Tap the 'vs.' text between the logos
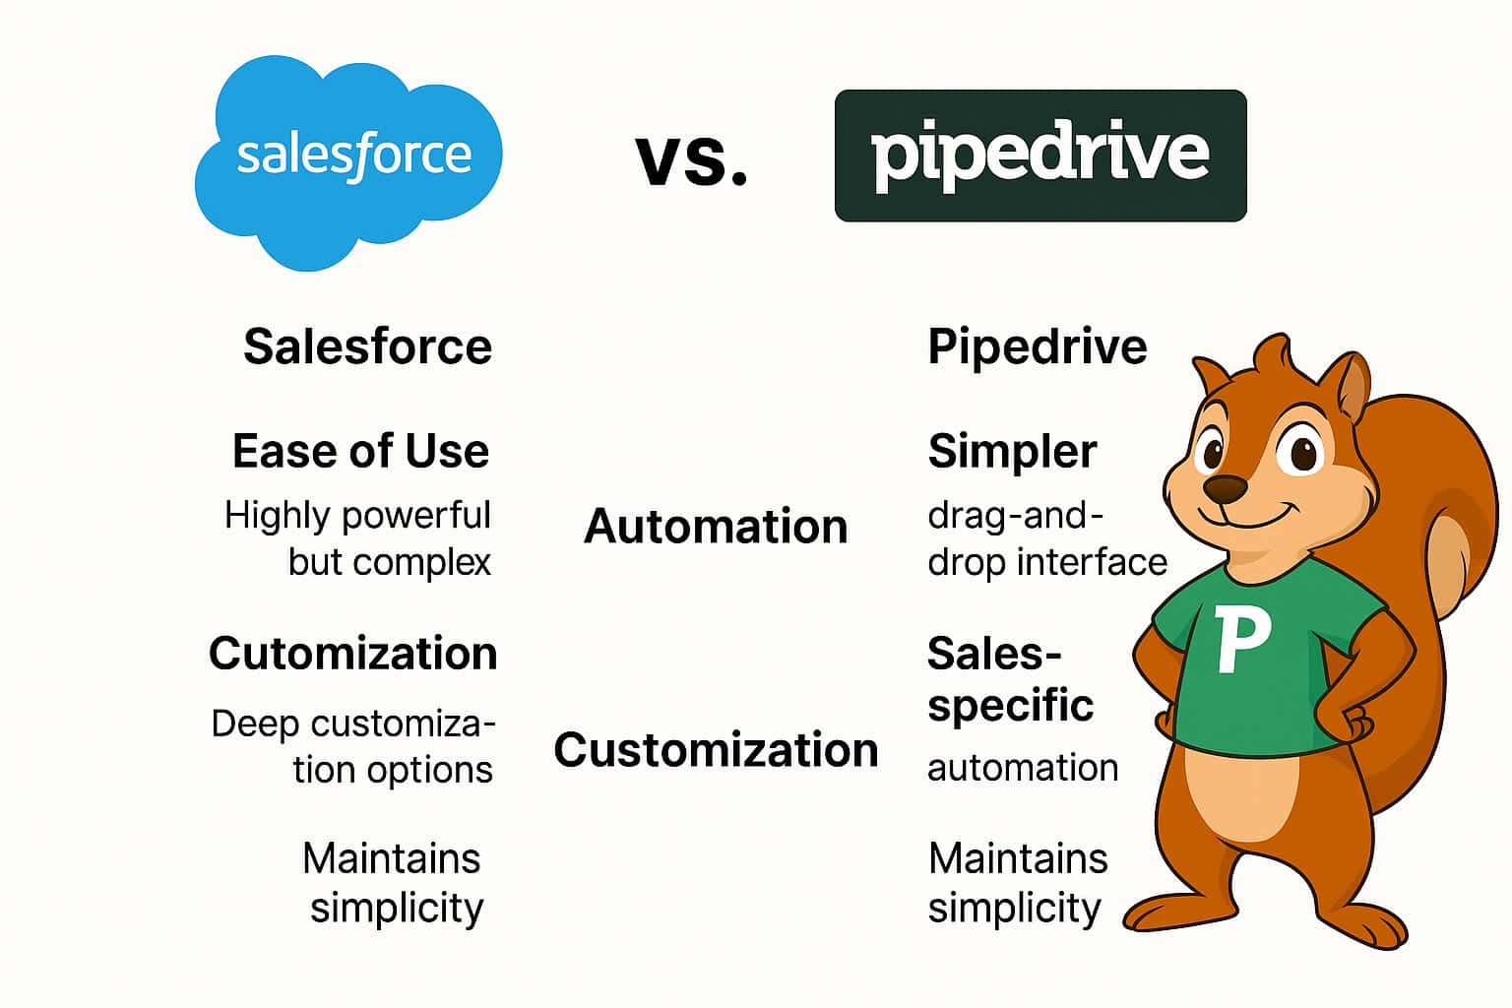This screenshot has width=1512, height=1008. pos(691,159)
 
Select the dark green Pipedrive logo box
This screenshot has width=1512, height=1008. pos(1039,156)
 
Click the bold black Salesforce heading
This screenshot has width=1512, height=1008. pos(367,346)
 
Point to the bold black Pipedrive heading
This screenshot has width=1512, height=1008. pos(1037,346)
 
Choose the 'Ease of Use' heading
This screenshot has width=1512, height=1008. pos(360,451)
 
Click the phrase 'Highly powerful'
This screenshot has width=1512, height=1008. pos(357,515)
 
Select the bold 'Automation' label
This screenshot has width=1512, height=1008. pos(716,526)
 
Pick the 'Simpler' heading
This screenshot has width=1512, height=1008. pos(1012,451)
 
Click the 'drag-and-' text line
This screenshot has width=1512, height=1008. pos(1015,515)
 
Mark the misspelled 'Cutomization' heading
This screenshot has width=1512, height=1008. pos(352,654)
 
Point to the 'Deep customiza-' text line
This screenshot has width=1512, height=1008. pos(352,724)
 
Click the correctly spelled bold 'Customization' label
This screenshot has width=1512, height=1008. pos(716,750)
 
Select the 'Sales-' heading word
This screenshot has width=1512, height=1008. pos(994,654)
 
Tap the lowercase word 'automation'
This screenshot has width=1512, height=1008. pos(1023,768)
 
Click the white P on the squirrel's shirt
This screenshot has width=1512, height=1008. pos(1240,640)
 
